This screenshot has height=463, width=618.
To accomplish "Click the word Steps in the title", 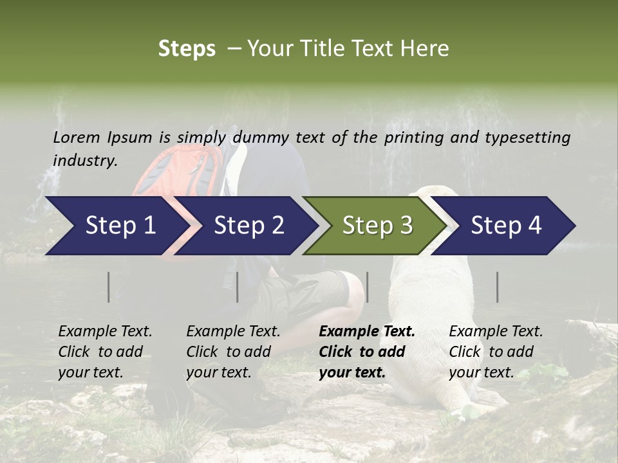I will pos(187,49).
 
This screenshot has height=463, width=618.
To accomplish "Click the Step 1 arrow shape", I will pos(116,226).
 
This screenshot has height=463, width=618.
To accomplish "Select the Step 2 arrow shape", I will pos(248,226).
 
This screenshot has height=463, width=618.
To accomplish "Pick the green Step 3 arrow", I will pos(377,226).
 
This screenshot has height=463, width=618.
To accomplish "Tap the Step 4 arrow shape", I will pos(505,226).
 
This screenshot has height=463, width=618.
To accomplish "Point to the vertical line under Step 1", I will pos(109,287).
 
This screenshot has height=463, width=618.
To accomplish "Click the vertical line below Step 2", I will pos(238,287).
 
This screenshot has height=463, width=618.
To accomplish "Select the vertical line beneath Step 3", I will pos(368,287).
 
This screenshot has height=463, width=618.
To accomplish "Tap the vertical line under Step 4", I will pos(498,287).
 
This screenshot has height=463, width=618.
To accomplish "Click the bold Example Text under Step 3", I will pos(367,351).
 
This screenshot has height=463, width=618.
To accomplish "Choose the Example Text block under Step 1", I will pos(105,351).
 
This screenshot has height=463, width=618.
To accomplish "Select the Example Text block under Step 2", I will pos(233,351).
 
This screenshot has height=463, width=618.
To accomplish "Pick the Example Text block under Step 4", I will pos(496,351).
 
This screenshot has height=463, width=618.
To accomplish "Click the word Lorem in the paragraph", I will pos(76,137).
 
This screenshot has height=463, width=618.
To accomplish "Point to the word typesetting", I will pos(527,138).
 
